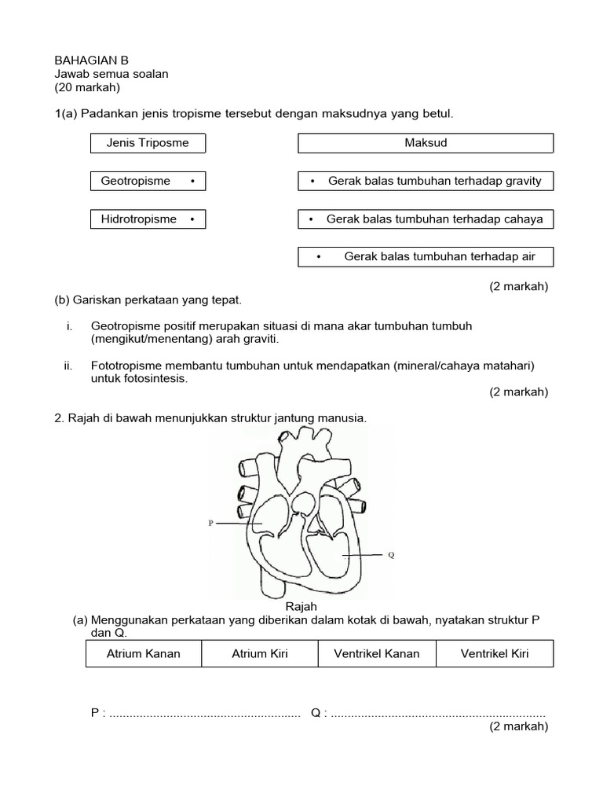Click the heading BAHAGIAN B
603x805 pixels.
[91, 60]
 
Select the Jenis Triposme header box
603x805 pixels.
[148, 143]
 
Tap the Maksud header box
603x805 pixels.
[426, 143]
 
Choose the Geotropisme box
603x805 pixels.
[148, 181]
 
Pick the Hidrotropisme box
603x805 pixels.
[148, 219]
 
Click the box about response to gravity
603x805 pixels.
[426, 181]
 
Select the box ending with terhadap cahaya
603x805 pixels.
[426, 219]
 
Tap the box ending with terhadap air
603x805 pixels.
[426, 256]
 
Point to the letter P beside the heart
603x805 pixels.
[210, 522]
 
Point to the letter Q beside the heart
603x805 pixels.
[391, 554]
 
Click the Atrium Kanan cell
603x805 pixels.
[144, 653]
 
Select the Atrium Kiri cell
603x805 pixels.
[260, 653]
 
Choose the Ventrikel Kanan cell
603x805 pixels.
[377, 653]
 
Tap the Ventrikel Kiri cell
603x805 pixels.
[495, 653]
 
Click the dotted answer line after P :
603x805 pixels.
[205, 713]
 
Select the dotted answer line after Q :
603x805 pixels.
[438, 713]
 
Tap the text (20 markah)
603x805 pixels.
[87, 86]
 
